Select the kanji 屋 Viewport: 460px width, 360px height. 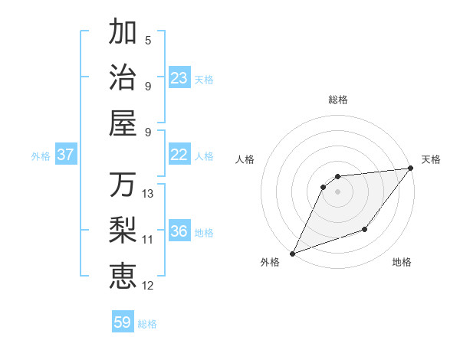[x=123, y=122]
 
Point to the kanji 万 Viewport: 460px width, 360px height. [x=123, y=185]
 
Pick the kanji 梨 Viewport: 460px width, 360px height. [x=123, y=230]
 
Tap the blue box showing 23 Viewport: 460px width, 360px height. [x=179, y=78]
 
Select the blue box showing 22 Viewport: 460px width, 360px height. [x=179, y=155]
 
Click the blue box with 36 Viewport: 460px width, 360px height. [x=179, y=231]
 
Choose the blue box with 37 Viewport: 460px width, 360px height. [x=65, y=155]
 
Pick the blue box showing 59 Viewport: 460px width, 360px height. [x=123, y=322]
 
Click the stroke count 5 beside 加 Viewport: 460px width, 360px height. [x=148, y=41]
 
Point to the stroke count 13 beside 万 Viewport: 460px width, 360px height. [x=148, y=194]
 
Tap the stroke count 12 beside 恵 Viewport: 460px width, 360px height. [x=148, y=286]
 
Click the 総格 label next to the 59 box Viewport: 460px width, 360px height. [x=147, y=324]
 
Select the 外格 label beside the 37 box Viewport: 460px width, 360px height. [x=41, y=156]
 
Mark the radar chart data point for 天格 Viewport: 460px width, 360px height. [x=411, y=169]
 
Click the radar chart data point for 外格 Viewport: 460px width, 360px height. [x=292, y=254]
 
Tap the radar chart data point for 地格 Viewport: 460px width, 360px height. [x=366, y=229]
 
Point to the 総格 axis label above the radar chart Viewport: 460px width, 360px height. [x=338, y=100]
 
